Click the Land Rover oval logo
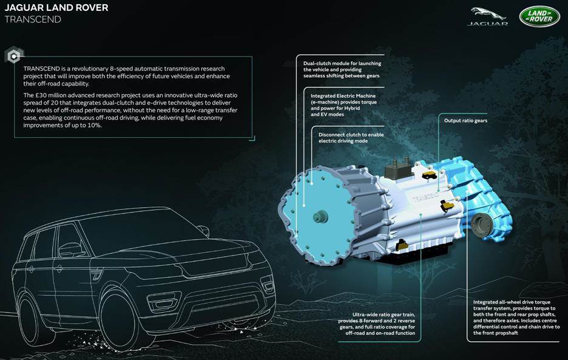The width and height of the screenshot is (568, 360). pyautogui.click(x=539, y=16)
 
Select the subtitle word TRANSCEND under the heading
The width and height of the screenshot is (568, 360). pyautogui.click(x=33, y=19)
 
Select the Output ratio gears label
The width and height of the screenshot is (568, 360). pyautogui.click(x=465, y=121)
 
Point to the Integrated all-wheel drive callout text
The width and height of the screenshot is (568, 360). pyautogui.click(x=516, y=318)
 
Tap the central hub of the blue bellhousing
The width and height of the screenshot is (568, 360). pyautogui.click(x=319, y=216)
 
